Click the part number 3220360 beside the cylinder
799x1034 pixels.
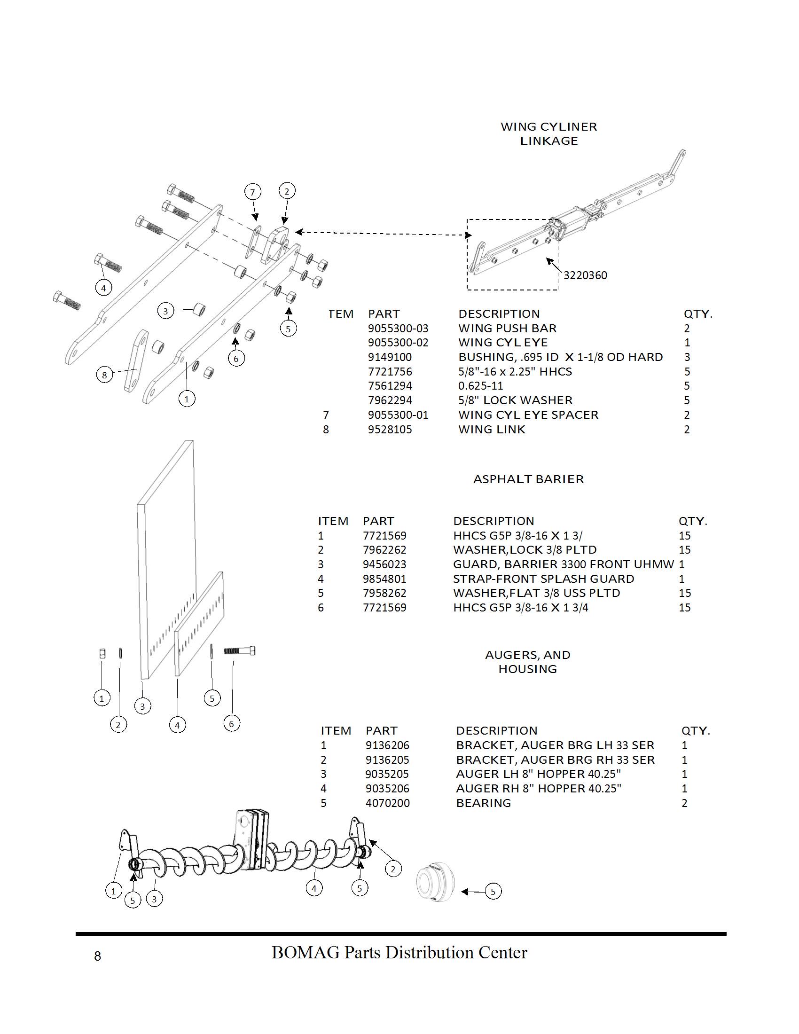(585, 275)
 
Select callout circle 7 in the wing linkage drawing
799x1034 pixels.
(252, 192)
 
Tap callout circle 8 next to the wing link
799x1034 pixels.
(104, 375)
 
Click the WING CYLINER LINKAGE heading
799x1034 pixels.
(548, 133)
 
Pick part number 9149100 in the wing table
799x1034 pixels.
(390, 357)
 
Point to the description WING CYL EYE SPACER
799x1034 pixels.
(528, 415)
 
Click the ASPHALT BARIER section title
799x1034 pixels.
(528, 479)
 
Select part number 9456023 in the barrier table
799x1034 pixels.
(384, 564)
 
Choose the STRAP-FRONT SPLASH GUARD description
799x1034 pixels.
(543, 579)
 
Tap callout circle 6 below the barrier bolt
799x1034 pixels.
(231, 723)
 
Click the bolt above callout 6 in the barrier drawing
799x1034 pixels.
(240, 651)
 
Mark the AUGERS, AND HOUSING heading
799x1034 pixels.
(528, 662)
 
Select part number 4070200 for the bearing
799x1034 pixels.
(388, 803)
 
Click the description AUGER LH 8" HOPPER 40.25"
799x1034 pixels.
(538, 774)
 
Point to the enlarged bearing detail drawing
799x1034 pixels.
(435, 889)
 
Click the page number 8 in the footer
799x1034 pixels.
(97, 956)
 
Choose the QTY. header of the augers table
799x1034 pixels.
(696, 730)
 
